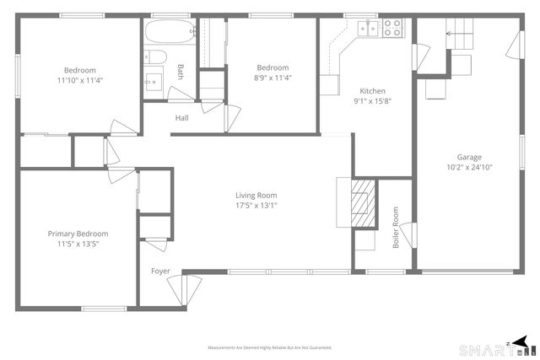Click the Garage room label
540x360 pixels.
coord(469,158)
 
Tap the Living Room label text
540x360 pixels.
coord(256,196)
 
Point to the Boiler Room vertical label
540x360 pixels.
coord(395,228)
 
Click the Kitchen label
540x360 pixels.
coord(372,91)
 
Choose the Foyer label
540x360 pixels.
coord(161,271)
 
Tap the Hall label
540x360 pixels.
coord(181,118)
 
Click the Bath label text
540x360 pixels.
coord(180,72)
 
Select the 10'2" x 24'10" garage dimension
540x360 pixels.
coord(469,169)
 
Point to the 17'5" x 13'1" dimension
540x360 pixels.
coord(256,205)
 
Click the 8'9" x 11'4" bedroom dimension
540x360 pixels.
coord(273,79)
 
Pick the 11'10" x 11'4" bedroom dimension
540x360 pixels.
coord(79,80)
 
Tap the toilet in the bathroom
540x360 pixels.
coord(154,56)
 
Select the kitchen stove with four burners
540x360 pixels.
coord(393,28)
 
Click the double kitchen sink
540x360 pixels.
coord(368,29)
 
